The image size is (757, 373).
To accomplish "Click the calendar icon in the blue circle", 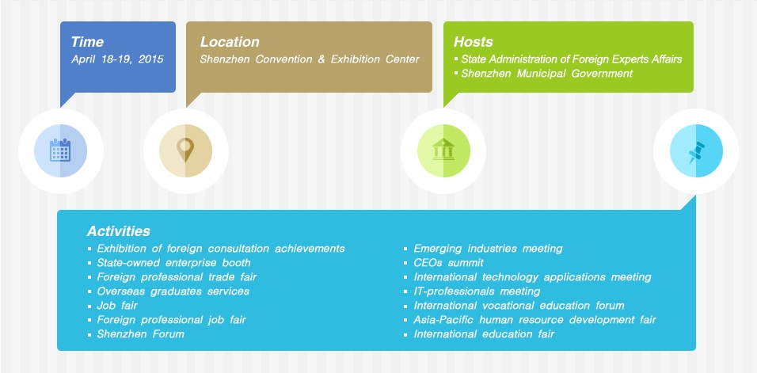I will [59, 150].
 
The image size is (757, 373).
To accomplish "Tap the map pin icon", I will [185, 150].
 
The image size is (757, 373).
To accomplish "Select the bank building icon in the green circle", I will [443, 150].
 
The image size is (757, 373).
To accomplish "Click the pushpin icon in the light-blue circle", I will [695, 150].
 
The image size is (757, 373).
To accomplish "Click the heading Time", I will [87, 42].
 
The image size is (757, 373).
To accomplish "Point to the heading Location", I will [230, 42].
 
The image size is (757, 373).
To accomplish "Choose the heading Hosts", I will [474, 42].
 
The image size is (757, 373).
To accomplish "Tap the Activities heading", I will [119, 231].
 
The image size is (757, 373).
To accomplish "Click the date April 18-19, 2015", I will [123, 59].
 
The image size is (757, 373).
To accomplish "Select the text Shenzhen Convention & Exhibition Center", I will [310, 59].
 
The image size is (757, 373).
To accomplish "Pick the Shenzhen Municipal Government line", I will [547, 74].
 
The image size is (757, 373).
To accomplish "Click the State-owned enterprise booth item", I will [174, 263].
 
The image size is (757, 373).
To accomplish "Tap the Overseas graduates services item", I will [173, 291].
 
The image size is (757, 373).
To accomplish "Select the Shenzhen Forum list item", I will [141, 334].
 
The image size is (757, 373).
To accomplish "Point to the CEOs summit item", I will [448, 263].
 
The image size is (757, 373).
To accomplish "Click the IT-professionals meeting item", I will [477, 291].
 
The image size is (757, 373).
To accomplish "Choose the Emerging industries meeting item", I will [488, 249].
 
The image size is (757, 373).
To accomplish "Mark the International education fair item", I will [484, 334].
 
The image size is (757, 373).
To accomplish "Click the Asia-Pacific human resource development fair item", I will [534, 320].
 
